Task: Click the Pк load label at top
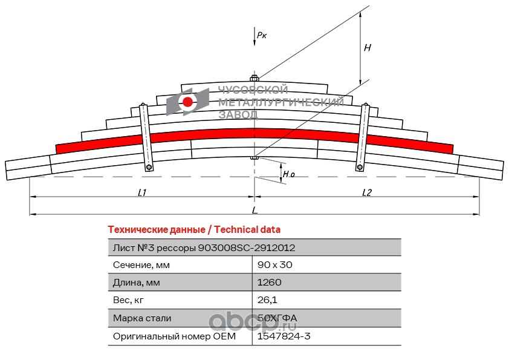[262, 35]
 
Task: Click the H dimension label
[367, 47]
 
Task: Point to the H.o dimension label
[289, 174]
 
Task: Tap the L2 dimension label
[367, 193]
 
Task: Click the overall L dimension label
[254, 210]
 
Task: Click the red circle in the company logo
[188, 102]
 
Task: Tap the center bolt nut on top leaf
[254, 78]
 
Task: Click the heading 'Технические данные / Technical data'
[193, 230]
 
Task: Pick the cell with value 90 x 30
[275, 265]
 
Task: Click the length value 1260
[270, 283]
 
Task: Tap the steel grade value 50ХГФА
[277, 318]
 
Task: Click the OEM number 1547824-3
[284, 336]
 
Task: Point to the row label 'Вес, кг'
[129, 300]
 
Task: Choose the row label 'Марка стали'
[142, 318]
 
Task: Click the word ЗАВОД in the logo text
[238, 114]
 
